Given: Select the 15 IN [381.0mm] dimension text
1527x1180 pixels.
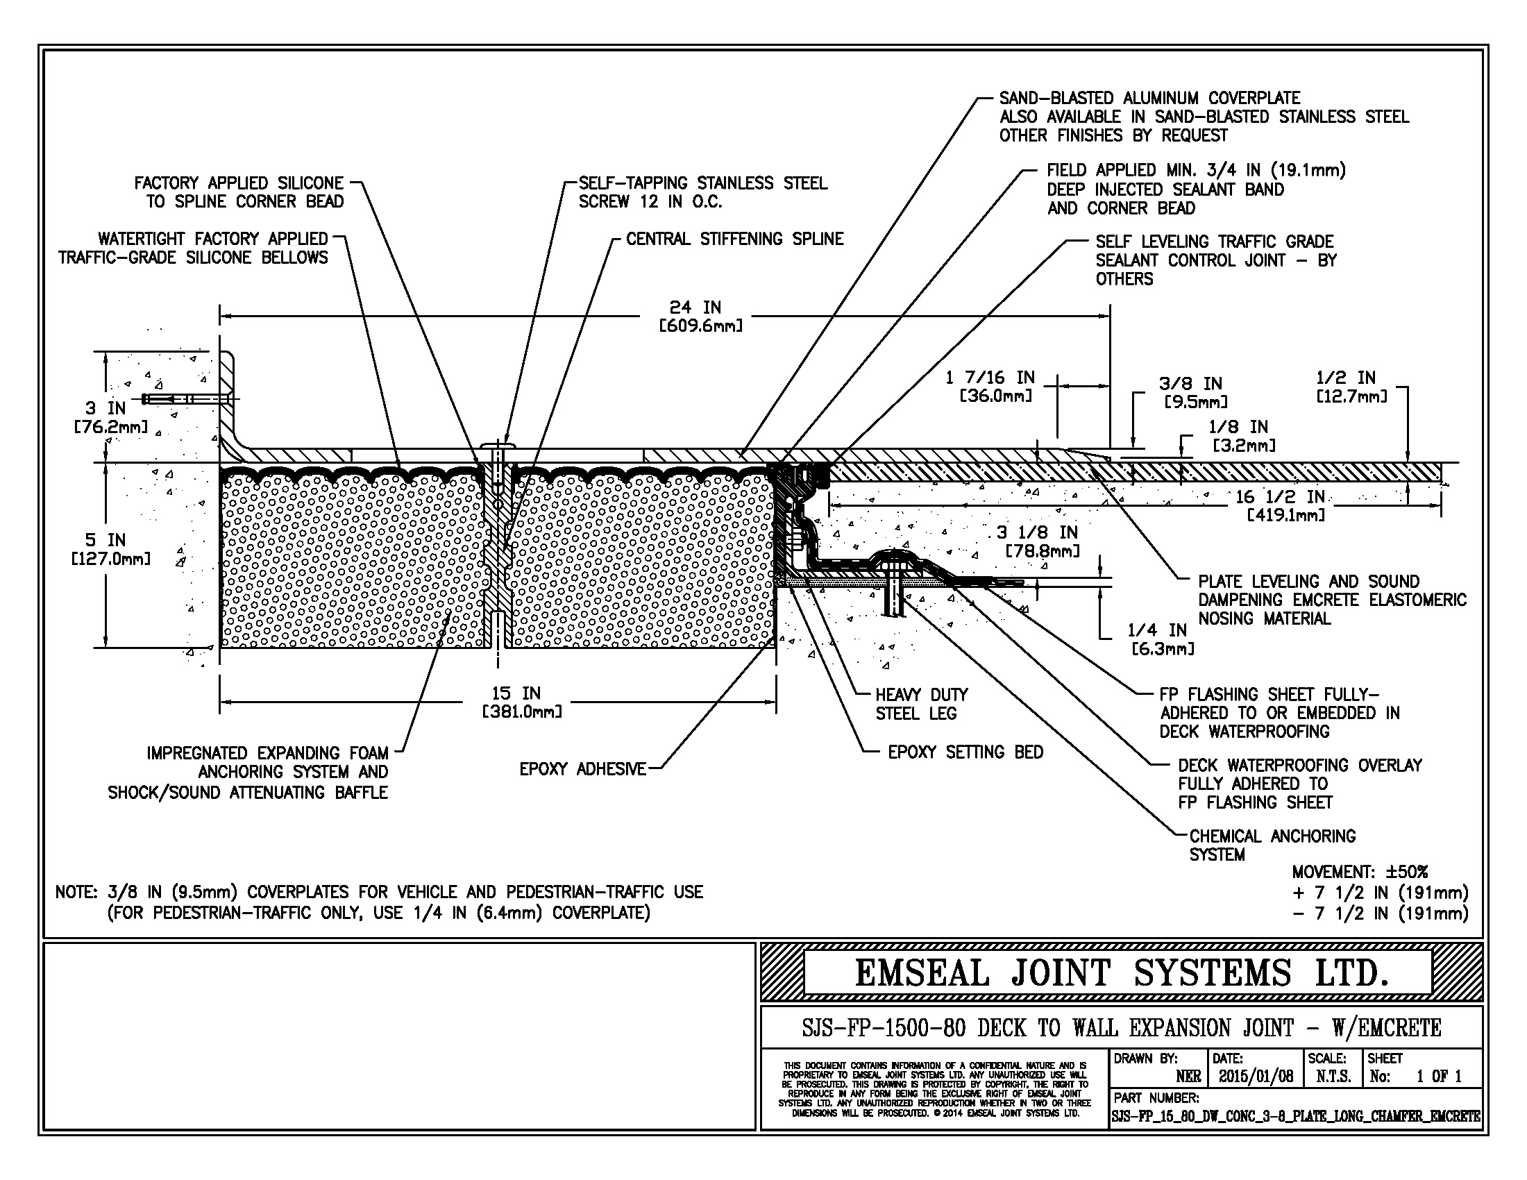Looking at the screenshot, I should coord(521,702).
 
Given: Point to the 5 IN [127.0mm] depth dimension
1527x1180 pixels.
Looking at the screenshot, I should coord(108,549).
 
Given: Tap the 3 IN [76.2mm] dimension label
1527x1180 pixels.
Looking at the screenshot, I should coord(108,416).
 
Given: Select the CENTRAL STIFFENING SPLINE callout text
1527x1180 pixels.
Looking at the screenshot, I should coord(734,239).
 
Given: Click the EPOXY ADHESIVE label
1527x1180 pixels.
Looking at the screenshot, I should coord(582,770).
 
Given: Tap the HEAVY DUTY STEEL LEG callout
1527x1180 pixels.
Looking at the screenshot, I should coord(921,704).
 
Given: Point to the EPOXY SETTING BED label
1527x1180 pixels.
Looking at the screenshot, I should coord(965,752).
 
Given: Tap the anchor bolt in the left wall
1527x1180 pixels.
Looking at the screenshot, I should coord(185,399).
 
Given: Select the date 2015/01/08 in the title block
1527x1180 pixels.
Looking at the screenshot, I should coord(1256,1077).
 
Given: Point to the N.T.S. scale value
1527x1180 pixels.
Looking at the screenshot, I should coord(1333,1077).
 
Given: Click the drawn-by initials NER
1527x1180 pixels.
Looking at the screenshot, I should coord(1188,1077).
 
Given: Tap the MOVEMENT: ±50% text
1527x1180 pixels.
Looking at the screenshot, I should coord(1359,873).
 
